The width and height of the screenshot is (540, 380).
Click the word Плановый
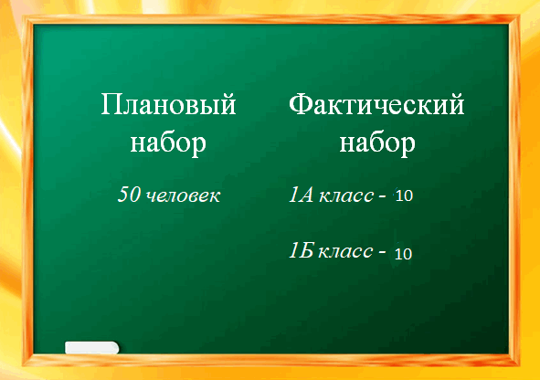pyautogui.click(x=168, y=105)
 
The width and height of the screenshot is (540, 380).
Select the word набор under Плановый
pyautogui.click(x=168, y=142)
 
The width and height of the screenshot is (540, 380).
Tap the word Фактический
pyautogui.click(x=376, y=105)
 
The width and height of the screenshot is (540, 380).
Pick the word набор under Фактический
pyautogui.click(x=377, y=142)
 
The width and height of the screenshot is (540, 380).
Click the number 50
pyautogui.click(x=129, y=195)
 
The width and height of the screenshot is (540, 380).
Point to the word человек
pyautogui.click(x=184, y=195)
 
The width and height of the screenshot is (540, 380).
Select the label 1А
pyautogui.click(x=302, y=195)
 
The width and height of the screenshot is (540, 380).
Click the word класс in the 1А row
pyautogui.click(x=346, y=195)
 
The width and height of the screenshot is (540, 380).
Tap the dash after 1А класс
pyautogui.click(x=382, y=196)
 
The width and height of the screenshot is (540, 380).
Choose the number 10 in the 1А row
pyautogui.click(x=404, y=195)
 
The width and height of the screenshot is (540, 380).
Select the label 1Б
pyautogui.click(x=301, y=250)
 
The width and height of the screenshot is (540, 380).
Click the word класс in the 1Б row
pyautogui.click(x=345, y=251)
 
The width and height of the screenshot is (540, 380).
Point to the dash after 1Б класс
pyautogui.click(x=382, y=252)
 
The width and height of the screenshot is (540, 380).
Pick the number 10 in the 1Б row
pyautogui.click(x=403, y=254)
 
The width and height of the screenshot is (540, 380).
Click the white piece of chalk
pyautogui.click(x=92, y=348)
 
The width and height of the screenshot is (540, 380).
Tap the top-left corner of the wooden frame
pyautogui.click(x=23, y=16)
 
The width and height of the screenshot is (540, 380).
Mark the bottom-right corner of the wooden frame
pyautogui.click(x=519, y=365)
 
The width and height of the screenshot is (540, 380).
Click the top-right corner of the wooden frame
pyautogui.click(x=519, y=16)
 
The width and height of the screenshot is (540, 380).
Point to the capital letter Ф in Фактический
pyautogui.click(x=300, y=104)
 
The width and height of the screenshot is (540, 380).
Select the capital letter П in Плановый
pyautogui.click(x=111, y=105)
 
